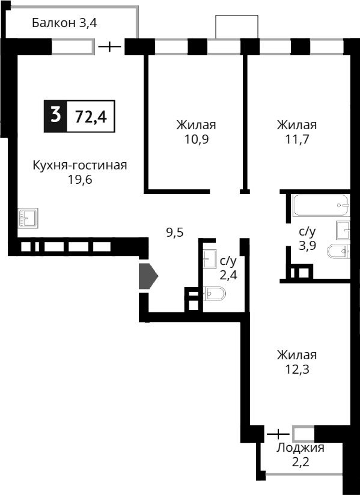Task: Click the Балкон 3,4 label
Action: click(x=64, y=23)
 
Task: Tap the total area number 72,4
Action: click(x=91, y=117)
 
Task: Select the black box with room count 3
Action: click(x=56, y=115)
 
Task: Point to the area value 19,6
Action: click(x=80, y=180)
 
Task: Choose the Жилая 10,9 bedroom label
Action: click(x=196, y=132)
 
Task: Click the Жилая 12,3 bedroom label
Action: click(x=296, y=362)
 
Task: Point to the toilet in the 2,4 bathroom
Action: click(x=215, y=294)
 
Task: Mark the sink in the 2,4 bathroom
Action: click(x=210, y=260)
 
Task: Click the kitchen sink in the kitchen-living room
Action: click(x=28, y=217)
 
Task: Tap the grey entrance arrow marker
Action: click(x=148, y=276)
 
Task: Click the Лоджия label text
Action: click(x=300, y=448)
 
